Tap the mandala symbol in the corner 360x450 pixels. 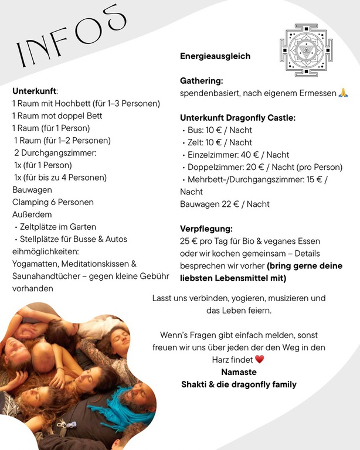[305, 50]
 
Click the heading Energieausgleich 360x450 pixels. [215, 56]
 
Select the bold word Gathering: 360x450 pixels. [202, 81]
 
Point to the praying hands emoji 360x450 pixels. [344, 93]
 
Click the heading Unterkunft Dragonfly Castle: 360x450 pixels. [237, 118]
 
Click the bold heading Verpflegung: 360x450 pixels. [206, 229]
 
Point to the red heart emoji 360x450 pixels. [260, 360]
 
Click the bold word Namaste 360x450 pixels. [239, 372]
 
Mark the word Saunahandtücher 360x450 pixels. [47, 276]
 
